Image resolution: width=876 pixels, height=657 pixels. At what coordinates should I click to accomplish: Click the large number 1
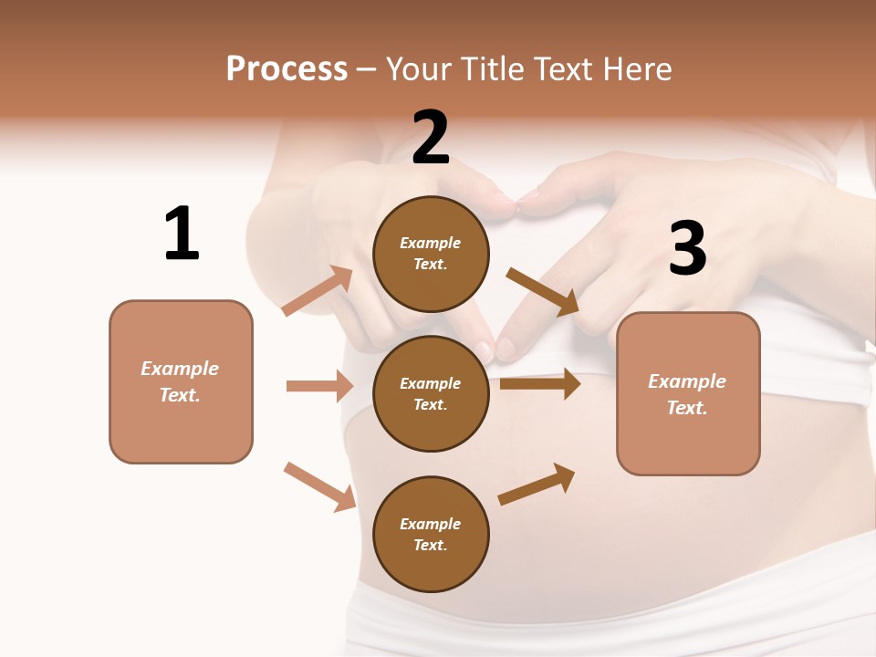click(x=182, y=234)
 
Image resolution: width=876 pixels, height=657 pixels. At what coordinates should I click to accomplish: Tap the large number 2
click(x=431, y=138)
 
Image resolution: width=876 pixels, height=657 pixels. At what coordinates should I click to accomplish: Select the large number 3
click(x=687, y=248)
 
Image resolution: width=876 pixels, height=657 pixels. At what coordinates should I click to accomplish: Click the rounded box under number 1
click(x=181, y=381)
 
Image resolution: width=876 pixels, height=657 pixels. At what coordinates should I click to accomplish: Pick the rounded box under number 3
click(x=688, y=393)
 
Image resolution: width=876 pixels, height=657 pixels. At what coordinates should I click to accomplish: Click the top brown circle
click(x=431, y=254)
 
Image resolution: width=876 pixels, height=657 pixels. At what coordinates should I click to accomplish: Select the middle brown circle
click(x=431, y=393)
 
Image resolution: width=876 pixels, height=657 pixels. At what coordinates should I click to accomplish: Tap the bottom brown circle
click(x=431, y=534)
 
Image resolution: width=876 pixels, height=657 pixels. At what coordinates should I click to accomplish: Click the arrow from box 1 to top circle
click(x=318, y=291)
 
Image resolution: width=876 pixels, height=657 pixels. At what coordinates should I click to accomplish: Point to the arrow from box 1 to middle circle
click(x=319, y=386)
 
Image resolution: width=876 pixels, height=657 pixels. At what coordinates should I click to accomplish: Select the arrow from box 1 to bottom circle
click(x=319, y=486)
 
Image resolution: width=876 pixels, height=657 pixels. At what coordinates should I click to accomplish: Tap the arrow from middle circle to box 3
click(x=540, y=384)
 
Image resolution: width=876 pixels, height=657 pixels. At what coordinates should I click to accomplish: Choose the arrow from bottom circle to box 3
click(x=537, y=485)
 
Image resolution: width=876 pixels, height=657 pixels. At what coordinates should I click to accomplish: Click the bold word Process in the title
click(x=287, y=69)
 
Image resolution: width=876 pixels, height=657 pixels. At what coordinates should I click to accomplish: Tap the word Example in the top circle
click(x=431, y=243)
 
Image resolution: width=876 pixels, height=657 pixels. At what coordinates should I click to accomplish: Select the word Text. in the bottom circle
click(x=431, y=545)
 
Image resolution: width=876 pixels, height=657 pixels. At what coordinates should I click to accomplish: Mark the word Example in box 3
click(x=687, y=381)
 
